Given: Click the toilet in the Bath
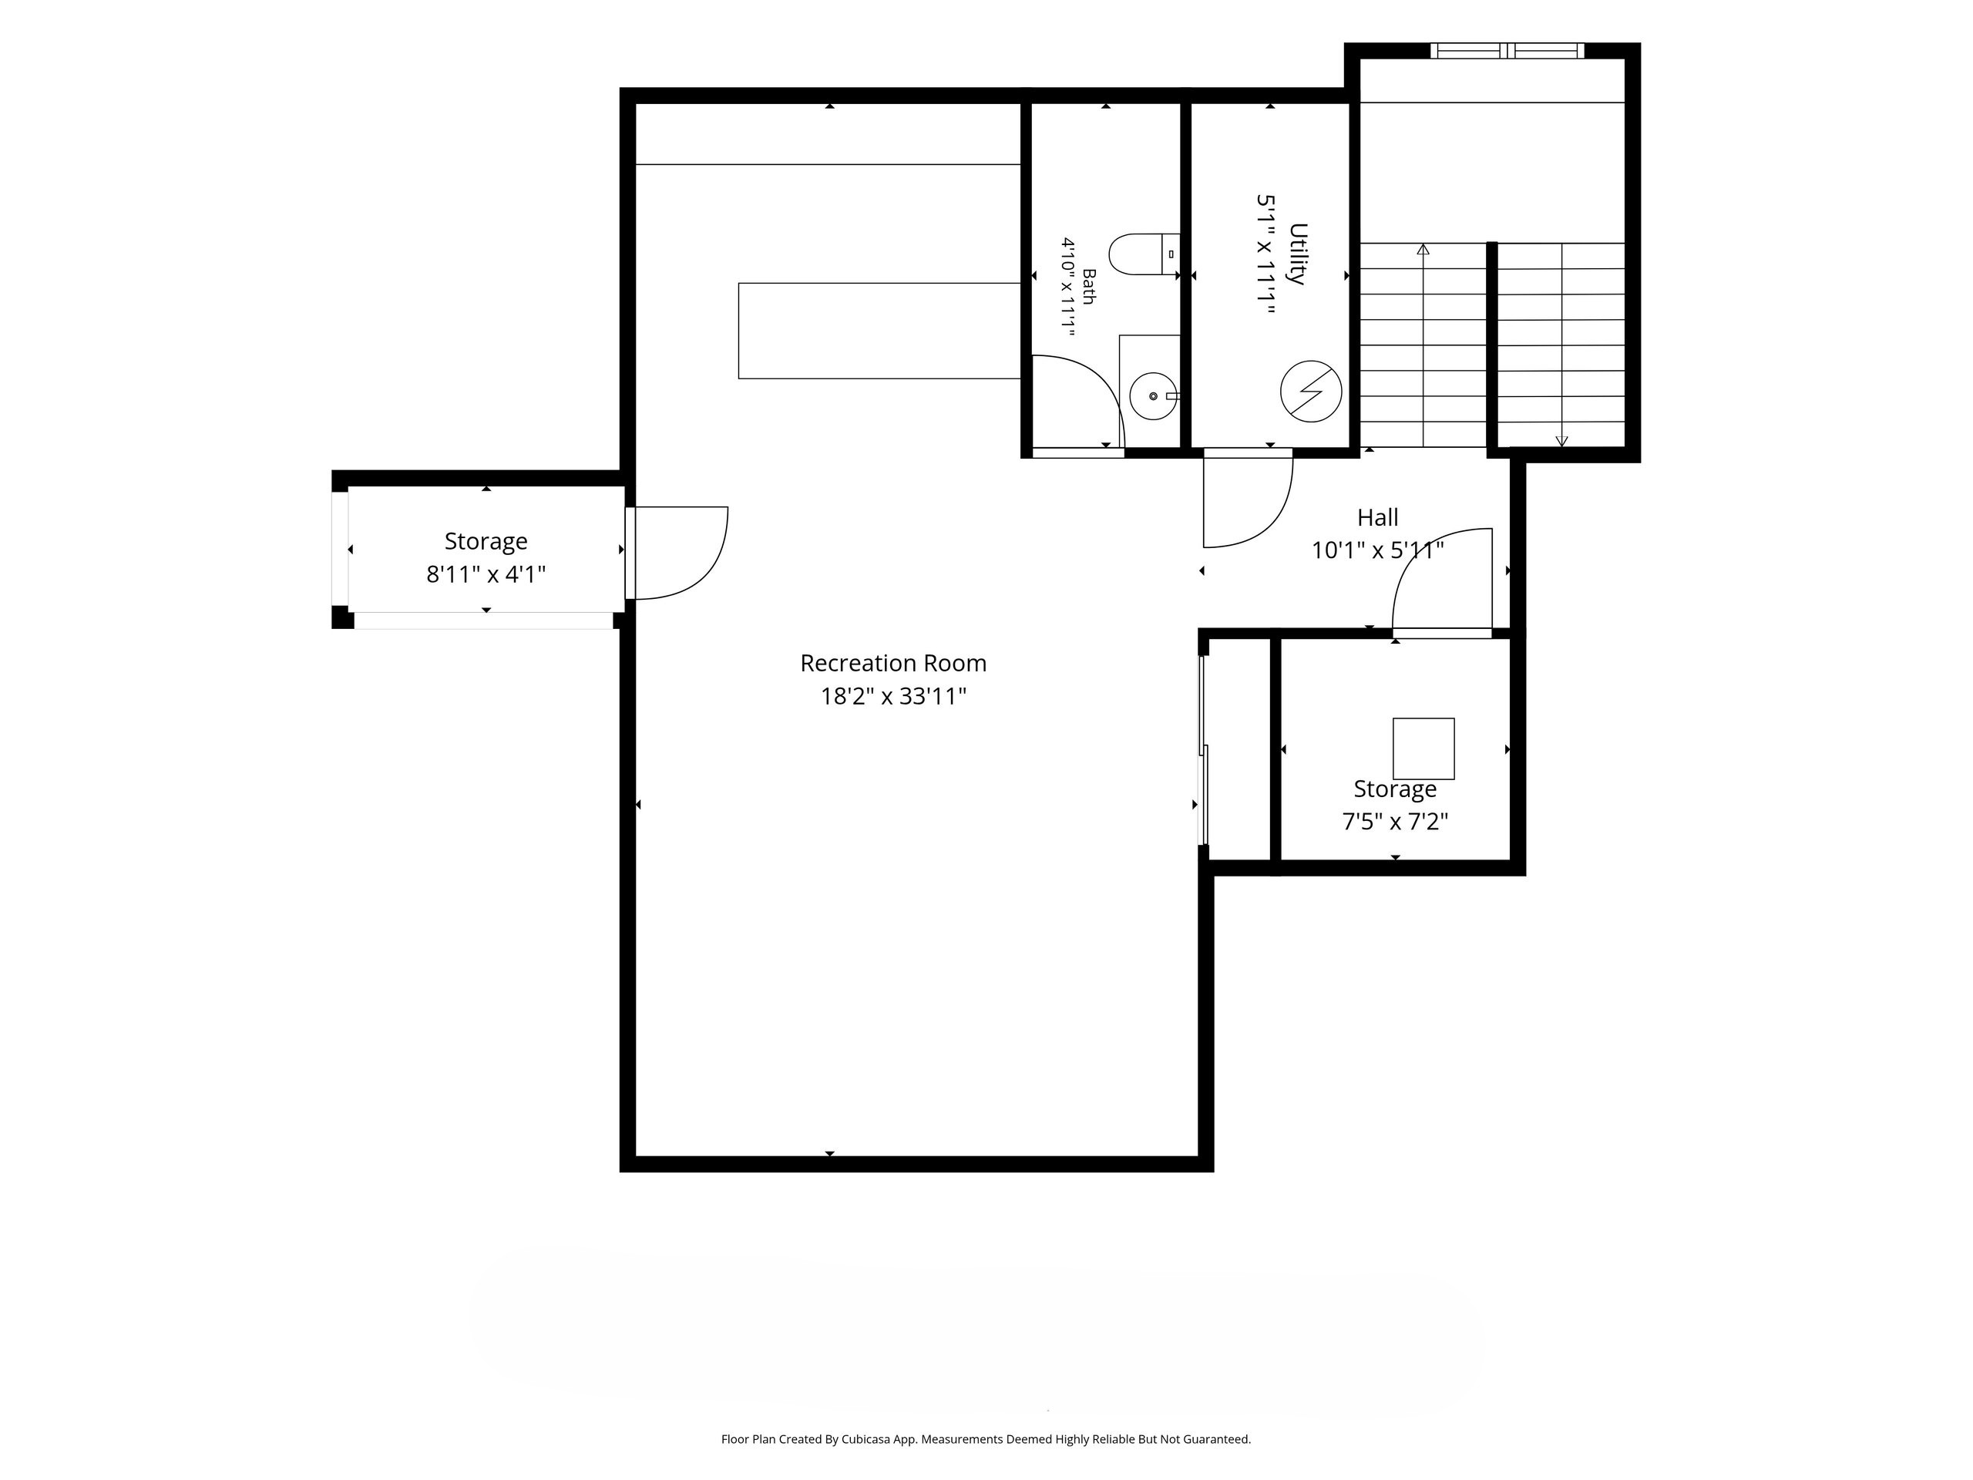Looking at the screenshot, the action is (x=1144, y=254).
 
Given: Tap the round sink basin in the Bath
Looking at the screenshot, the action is (x=1153, y=396).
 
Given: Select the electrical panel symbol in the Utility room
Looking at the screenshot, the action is (x=1311, y=391).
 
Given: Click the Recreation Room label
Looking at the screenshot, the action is (x=892, y=664).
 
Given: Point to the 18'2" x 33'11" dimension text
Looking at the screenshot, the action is (x=892, y=697).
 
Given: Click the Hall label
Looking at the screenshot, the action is (x=1377, y=517).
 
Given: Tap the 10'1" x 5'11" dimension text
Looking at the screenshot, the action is (x=1377, y=550).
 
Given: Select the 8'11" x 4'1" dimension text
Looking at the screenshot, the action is (x=486, y=574).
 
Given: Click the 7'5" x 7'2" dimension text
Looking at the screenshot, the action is (x=1395, y=822).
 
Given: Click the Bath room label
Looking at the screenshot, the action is (x=1088, y=287).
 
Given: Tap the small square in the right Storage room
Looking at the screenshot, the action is (x=1423, y=748).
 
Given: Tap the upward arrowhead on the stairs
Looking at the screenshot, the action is (x=1423, y=250).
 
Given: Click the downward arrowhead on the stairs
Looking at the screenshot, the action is (x=1561, y=441).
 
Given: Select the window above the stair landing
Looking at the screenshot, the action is (x=1507, y=51).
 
